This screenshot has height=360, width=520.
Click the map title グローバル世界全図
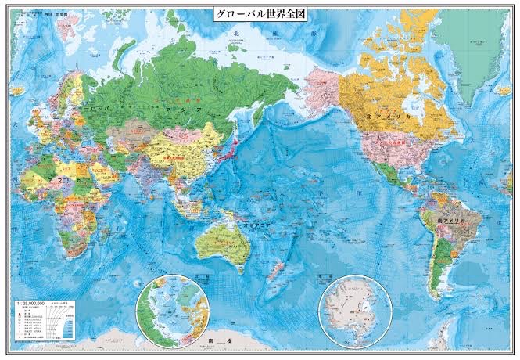(x=260, y=15)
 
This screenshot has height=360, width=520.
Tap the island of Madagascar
(x=100, y=224)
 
